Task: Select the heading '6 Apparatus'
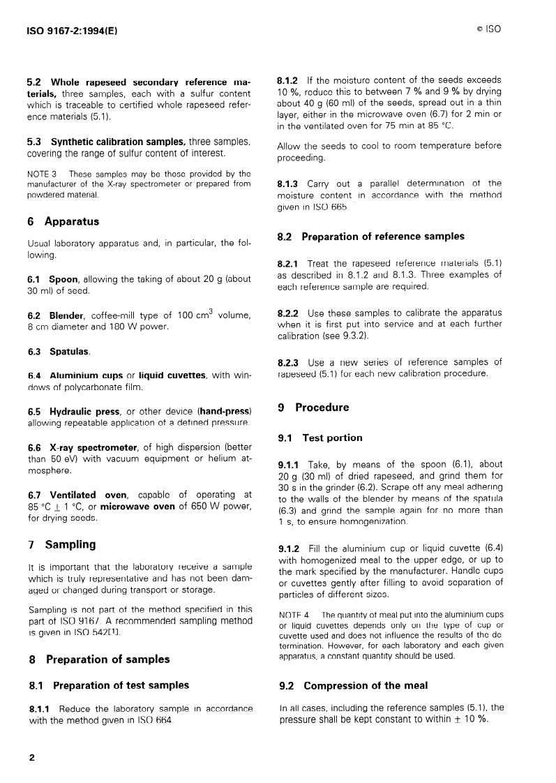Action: coord(63,221)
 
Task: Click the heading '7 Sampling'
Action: coord(61,544)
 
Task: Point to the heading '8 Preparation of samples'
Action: coord(98,659)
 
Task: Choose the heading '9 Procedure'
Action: coord(313,408)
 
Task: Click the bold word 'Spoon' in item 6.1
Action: coord(63,279)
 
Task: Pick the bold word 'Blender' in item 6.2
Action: coord(67,315)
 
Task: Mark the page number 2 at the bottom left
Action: coord(32,756)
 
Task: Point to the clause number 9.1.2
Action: coord(289,549)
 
